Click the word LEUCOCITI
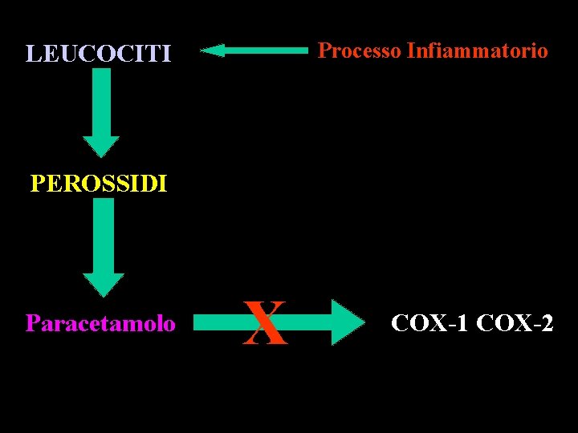click(98, 54)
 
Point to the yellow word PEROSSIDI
click(98, 184)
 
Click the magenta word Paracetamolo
click(100, 323)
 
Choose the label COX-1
click(429, 323)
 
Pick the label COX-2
click(515, 323)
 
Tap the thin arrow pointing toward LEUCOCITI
click(254, 51)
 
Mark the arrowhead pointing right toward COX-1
click(347, 323)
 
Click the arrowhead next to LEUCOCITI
click(212, 51)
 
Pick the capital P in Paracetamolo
click(32, 323)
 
